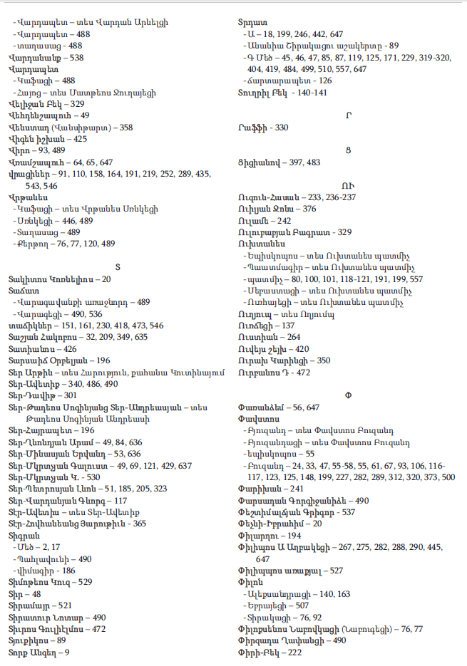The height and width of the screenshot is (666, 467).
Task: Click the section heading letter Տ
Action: coord(118,266)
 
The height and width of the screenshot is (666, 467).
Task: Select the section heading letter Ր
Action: coord(349,113)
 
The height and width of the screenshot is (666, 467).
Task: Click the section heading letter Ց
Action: coord(349,147)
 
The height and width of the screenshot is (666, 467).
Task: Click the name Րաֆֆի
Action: coord(252,128)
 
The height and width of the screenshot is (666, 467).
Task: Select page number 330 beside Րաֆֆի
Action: coord(282,128)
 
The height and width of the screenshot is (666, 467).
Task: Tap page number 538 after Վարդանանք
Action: coord(76,58)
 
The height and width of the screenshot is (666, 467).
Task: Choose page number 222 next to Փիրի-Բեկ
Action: coord(294,652)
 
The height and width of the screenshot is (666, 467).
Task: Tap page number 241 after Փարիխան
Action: coord(294,489)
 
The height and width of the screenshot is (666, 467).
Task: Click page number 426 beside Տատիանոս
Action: coord(70,348)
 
